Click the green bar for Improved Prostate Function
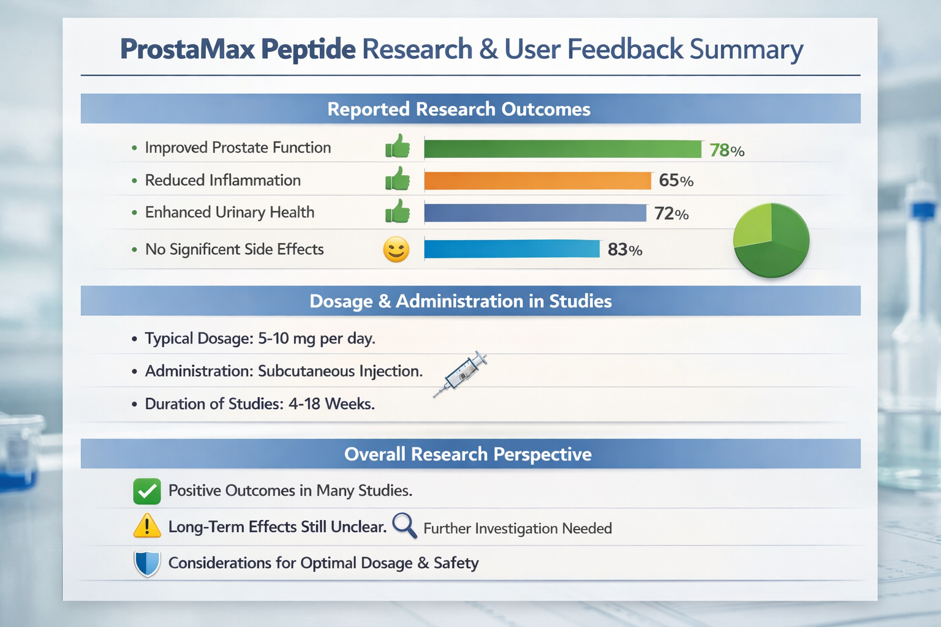click(562, 149)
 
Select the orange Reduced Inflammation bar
click(537, 181)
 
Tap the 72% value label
click(671, 214)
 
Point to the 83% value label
click(624, 250)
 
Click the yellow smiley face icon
click(396, 250)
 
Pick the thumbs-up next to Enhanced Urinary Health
click(398, 212)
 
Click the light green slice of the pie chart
click(752, 225)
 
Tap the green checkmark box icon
click(147, 491)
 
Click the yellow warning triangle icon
click(147, 527)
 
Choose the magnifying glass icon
click(404, 525)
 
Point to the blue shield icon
click(147, 563)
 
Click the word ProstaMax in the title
click(187, 50)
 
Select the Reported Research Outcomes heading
click(458, 109)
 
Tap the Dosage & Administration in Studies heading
click(460, 301)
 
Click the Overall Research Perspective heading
click(467, 454)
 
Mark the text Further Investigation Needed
click(517, 528)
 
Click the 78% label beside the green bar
click(727, 150)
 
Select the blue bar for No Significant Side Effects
click(512, 249)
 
